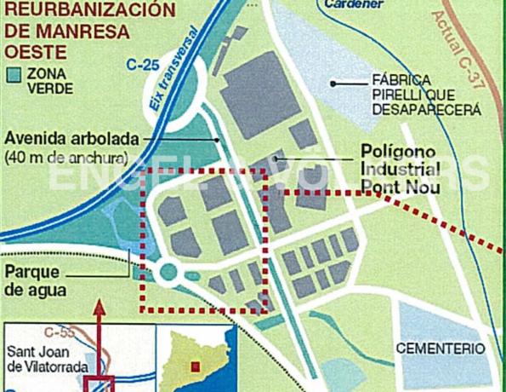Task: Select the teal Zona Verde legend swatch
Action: click(x=14, y=73)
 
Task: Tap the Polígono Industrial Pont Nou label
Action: click(x=400, y=165)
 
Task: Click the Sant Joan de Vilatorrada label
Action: click(x=48, y=358)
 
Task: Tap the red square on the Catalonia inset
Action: click(x=195, y=366)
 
